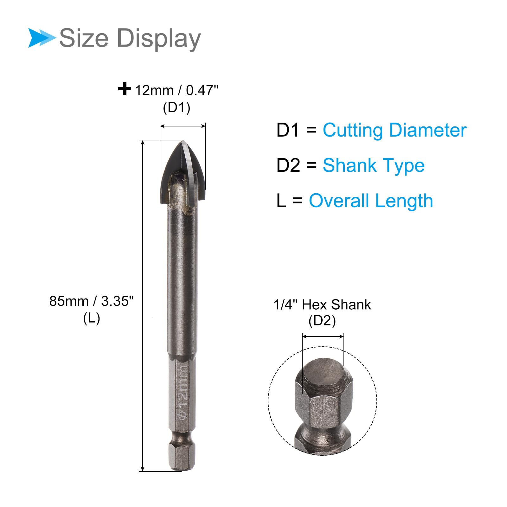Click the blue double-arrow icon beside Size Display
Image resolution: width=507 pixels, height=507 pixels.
coord(42,38)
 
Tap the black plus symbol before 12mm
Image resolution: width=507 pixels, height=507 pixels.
coord(125,89)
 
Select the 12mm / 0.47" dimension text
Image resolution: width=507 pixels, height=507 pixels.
coord(177,91)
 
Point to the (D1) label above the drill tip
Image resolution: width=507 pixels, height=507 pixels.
coord(176,108)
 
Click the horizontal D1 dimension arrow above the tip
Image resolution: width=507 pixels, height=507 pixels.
coord(183,126)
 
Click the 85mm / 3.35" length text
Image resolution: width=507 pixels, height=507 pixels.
coord(92,301)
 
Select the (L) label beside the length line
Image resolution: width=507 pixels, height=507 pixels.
coord(92,318)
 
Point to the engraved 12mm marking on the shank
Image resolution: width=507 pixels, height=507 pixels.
coord(183,392)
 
